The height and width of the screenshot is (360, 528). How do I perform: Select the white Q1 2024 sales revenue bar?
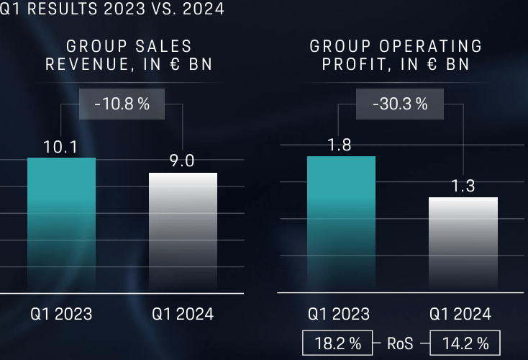(183, 232)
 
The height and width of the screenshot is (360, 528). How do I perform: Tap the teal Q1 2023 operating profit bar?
(341, 223)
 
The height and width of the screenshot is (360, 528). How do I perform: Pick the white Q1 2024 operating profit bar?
(463, 244)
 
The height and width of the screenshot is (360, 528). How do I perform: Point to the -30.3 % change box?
(400, 104)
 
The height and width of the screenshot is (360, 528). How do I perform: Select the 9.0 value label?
(182, 161)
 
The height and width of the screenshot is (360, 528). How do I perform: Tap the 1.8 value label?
(340, 145)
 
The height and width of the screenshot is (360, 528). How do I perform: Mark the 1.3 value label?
(463, 186)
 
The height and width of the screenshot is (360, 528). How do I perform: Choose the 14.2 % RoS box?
(465, 343)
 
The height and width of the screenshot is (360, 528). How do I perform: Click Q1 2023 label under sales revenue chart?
(61, 314)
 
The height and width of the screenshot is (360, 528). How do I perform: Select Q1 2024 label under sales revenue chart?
(183, 314)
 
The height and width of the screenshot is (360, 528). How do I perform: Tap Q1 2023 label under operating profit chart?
(340, 314)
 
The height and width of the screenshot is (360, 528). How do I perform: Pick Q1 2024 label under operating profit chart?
(461, 314)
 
